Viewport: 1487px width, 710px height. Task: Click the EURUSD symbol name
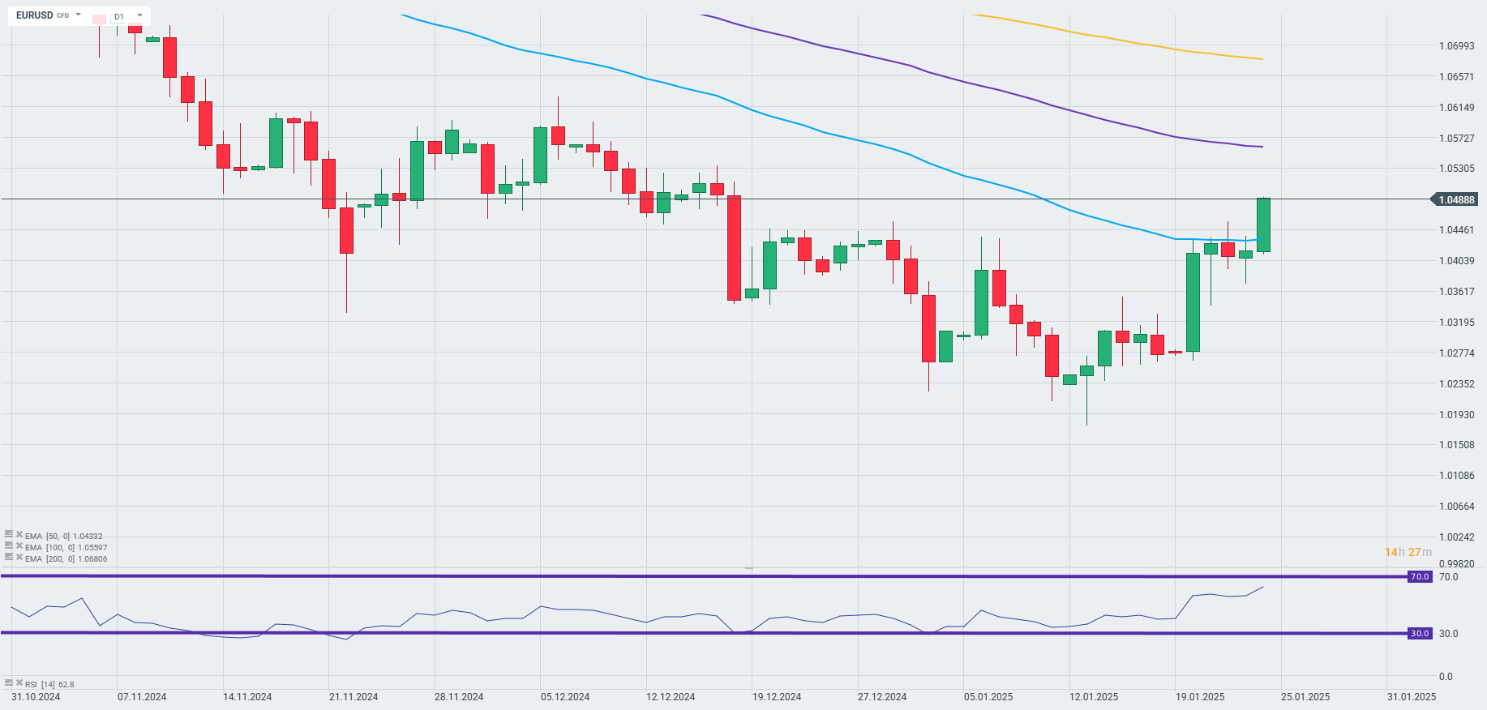tap(34, 15)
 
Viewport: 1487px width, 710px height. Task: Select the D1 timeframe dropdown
tap(127, 16)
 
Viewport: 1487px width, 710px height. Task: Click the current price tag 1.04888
tap(1456, 199)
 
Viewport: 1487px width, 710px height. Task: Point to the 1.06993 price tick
tap(1456, 46)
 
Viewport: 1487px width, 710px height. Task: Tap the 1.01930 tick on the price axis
tap(1456, 414)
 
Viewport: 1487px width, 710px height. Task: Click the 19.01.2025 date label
tap(1200, 697)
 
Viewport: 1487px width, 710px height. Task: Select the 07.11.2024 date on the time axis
tap(142, 697)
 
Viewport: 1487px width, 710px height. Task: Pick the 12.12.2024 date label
tap(671, 697)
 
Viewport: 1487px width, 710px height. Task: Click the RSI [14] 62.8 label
tap(49, 685)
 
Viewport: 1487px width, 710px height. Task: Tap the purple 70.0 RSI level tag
tap(1420, 577)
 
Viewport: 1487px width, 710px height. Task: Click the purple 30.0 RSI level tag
tap(1420, 634)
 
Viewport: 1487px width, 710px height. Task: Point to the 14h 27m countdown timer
tap(1408, 552)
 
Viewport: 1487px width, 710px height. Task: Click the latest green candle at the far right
tap(1263, 225)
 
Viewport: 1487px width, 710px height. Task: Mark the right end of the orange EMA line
tap(1262, 59)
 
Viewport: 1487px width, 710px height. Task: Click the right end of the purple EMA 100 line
tap(1262, 147)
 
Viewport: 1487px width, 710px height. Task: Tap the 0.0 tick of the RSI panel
tap(1446, 677)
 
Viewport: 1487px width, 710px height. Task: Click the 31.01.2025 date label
tap(1412, 697)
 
